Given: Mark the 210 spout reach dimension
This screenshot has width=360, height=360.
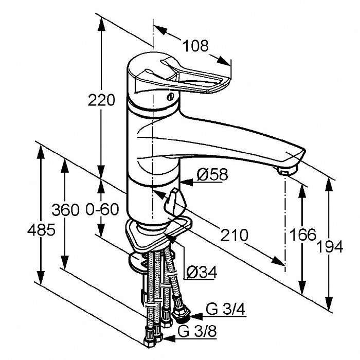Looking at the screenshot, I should [233, 236].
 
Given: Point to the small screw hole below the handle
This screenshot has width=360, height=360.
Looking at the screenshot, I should [170, 96].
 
